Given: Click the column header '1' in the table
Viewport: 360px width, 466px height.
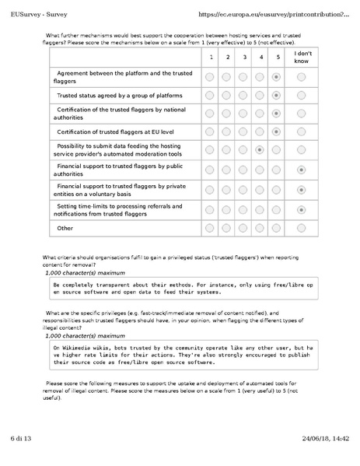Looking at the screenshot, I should [x=210, y=58].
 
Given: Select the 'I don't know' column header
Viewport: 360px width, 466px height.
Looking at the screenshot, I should [x=301, y=58].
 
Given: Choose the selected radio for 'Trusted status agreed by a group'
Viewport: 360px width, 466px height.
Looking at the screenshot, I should [x=277, y=95].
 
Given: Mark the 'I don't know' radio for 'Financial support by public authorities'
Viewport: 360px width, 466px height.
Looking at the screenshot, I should [x=301, y=170].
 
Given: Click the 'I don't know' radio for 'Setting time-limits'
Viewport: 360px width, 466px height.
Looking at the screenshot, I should [x=301, y=209].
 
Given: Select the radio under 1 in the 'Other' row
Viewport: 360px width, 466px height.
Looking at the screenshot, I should [x=210, y=228].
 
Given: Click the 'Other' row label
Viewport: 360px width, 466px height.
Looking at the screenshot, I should [x=67, y=228].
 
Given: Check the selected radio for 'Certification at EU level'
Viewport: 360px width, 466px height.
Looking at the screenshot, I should [x=277, y=131].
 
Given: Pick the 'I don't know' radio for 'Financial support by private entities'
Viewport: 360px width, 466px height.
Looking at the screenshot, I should [x=301, y=190].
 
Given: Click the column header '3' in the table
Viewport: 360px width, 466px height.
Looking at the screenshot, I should [x=244, y=58].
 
